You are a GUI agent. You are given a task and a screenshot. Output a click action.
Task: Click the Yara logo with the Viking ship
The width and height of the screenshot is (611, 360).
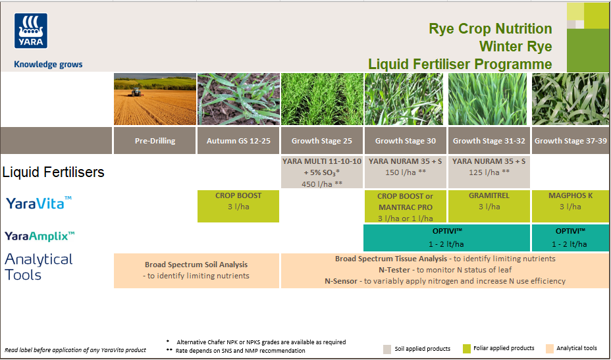pyautogui.click(x=31, y=31)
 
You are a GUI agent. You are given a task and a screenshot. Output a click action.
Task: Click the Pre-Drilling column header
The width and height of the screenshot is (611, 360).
pyautogui.click(x=155, y=141)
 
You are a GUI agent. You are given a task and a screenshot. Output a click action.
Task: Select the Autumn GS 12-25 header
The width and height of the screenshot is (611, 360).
pyautogui.click(x=238, y=141)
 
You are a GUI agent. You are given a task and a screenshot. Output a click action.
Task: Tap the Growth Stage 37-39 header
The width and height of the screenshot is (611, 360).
pyautogui.click(x=571, y=141)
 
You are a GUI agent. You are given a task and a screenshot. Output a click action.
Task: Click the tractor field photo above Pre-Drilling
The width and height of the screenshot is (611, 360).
pyautogui.click(x=155, y=99)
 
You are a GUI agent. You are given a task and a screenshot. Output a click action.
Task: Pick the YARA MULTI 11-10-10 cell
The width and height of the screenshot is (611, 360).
pyautogui.click(x=321, y=172)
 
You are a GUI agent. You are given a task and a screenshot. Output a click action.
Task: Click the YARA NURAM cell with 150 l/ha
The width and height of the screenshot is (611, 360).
pyautogui.click(x=405, y=167)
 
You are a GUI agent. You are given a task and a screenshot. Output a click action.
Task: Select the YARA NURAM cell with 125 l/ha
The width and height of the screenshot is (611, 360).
pyautogui.click(x=489, y=167)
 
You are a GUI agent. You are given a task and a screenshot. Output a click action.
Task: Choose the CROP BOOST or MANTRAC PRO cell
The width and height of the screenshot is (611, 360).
pyautogui.click(x=405, y=207)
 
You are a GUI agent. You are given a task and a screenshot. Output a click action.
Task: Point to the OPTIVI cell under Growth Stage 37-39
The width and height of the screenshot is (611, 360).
pyautogui.click(x=571, y=238)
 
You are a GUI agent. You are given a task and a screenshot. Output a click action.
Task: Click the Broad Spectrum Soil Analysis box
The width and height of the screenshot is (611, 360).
pyautogui.click(x=196, y=270)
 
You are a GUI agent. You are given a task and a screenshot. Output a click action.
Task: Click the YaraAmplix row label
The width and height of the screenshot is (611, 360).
pyautogui.click(x=40, y=236)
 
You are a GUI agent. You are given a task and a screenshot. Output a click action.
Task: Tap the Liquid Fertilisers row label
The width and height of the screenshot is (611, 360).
pyautogui.click(x=53, y=172)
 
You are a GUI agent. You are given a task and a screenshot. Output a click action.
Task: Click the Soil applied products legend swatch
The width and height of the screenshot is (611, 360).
pyautogui.click(x=388, y=348)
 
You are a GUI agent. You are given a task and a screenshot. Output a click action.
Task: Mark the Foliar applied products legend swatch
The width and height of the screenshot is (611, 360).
pyautogui.click(x=466, y=348)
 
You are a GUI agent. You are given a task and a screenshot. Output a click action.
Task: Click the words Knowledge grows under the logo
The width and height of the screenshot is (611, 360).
pyautogui.click(x=48, y=64)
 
